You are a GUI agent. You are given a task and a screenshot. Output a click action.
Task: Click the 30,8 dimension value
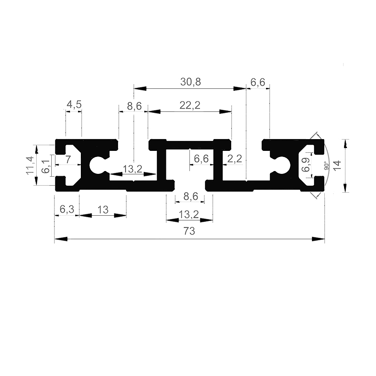tap(190, 82)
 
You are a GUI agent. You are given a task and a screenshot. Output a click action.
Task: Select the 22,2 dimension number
tap(190, 105)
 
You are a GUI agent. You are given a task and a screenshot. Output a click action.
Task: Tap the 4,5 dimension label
tap(74, 104)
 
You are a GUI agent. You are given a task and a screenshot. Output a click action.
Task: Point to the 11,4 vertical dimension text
tap(30, 165)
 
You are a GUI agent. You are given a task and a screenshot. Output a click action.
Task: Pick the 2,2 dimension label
tap(235, 158)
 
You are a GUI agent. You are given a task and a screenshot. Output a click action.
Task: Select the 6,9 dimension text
tap(306, 164)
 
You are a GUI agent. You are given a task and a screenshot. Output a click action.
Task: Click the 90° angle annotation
tap(327, 166)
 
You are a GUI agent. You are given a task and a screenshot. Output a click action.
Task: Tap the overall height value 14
tap(337, 165)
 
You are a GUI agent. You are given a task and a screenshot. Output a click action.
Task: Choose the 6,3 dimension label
tap(67, 209)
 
